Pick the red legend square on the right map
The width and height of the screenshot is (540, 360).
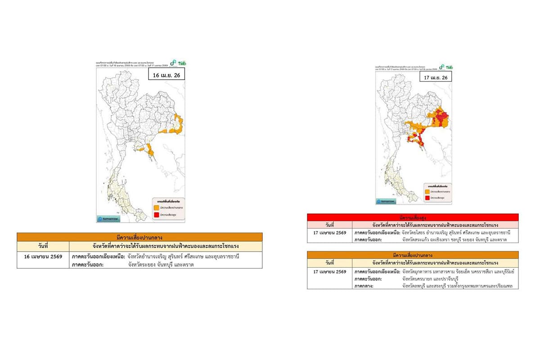427,198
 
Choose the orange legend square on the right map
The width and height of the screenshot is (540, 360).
427,191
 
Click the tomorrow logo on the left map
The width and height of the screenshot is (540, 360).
108,219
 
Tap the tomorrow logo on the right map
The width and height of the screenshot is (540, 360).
387,202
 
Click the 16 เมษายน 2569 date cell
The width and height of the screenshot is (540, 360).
43,256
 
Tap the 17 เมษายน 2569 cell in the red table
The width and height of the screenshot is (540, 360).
329,233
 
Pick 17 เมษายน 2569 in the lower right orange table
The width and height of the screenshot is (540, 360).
329,272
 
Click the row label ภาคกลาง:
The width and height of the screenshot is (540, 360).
364,286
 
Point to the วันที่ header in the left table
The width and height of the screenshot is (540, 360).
43,246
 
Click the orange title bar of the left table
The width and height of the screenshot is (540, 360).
139,237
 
